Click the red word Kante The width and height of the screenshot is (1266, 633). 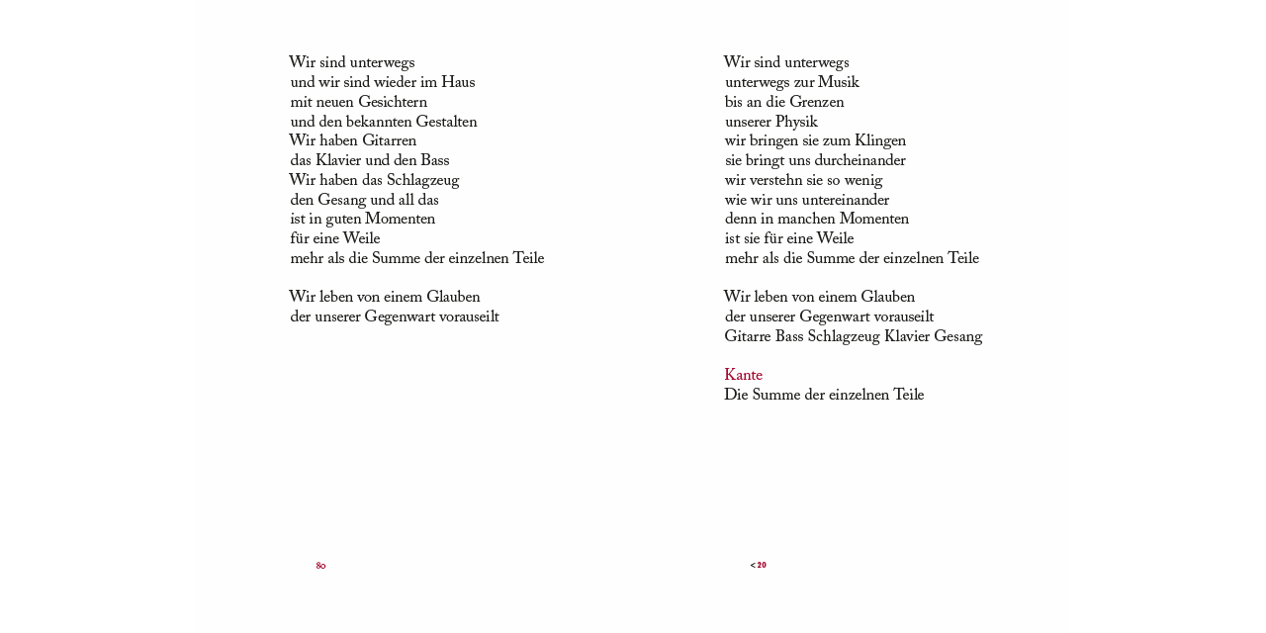point(743,376)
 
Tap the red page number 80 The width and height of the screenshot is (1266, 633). point(320,567)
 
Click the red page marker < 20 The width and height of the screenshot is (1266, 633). point(759,566)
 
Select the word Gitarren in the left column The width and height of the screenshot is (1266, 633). point(389,141)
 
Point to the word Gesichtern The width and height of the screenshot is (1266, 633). point(393,103)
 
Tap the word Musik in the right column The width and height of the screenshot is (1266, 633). point(838,83)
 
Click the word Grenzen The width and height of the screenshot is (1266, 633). point(816,103)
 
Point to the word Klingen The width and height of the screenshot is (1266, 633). point(880,141)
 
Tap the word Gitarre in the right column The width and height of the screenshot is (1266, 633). point(748,337)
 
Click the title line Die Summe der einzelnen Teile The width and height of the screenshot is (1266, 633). point(824,396)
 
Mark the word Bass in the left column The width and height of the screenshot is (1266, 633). point(434,161)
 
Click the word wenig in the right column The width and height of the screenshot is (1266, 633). point(862,181)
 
